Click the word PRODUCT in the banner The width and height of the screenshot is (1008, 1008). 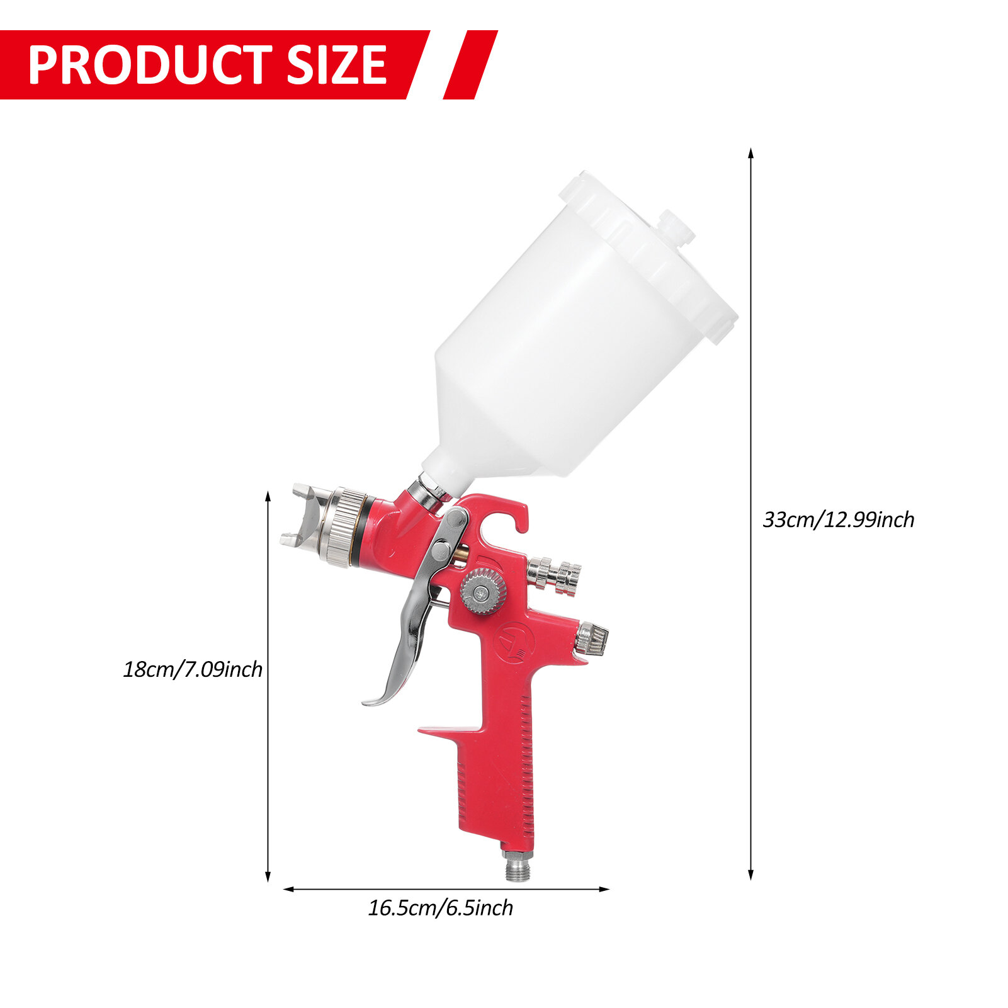[150, 65]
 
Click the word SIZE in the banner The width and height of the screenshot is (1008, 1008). [336, 65]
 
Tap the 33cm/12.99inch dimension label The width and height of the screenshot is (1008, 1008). [838, 520]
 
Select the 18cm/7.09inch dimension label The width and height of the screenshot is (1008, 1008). [193, 669]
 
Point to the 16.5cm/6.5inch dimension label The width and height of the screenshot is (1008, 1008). [440, 908]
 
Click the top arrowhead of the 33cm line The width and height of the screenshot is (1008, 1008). [750, 153]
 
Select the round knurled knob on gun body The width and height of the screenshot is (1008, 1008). [482, 591]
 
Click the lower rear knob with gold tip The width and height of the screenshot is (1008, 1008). [591, 638]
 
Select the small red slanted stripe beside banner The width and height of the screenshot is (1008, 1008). [470, 65]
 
